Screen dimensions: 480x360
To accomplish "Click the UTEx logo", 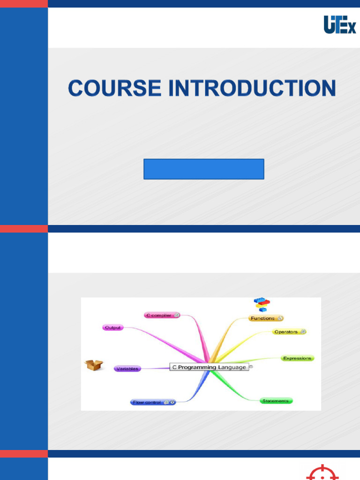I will pos(340,24).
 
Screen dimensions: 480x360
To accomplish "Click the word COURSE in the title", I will pos(115,88).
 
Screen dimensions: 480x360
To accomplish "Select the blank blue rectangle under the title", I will pos(203,169).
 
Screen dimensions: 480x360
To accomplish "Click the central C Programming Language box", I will pos(209,367).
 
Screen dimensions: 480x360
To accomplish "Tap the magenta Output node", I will pos(113,328).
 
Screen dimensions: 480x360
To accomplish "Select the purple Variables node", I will pos(127,369).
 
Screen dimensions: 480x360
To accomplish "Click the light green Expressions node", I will pos(297,358).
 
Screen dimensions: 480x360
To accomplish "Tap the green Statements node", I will pos(276,401).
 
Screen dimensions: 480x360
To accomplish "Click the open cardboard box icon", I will pos(94,365).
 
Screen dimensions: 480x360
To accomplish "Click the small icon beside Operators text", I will pos(303,332).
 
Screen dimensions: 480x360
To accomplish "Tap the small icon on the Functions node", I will pos(279,318).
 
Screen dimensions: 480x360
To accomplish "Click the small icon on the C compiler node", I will pos(177,315).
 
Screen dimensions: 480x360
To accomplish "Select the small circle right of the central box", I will pos(251,367).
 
